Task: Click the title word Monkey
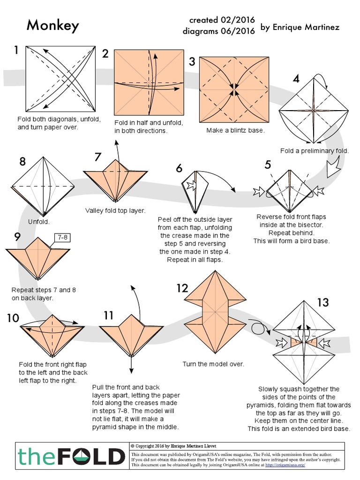pos(52,26)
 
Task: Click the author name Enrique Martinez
pos(299,28)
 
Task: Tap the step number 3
pos(192,61)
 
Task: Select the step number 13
pos(322,302)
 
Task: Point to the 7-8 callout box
pos(62,238)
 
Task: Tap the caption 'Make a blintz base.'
pos(235,130)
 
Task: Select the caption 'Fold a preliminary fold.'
pos(314,151)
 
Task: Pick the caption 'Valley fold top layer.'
pos(115,211)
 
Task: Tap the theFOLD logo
pos(71,456)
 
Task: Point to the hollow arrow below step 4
pos(335,168)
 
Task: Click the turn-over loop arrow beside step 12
pos(258,327)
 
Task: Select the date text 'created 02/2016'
pos(222,20)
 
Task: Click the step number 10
pos(13,318)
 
